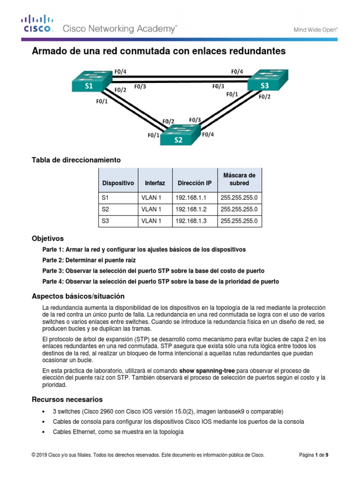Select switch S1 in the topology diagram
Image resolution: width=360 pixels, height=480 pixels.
(90, 82)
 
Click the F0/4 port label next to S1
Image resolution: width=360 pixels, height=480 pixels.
(120, 72)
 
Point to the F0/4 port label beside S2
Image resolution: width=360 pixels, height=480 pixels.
(208, 135)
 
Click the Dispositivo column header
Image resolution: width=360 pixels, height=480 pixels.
(118, 183)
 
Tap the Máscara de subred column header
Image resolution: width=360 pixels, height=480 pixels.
(240, 179)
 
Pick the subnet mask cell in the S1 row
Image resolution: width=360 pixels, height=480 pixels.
(239, 197)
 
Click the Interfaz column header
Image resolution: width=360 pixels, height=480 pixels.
(155, 183)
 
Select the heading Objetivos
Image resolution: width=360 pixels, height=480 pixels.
(47, 238)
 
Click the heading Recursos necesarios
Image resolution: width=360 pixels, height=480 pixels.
(67, 399)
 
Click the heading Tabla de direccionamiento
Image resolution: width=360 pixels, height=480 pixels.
(76, 160)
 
